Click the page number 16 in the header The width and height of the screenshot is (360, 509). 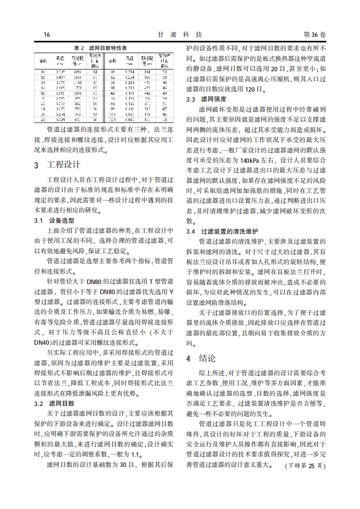click(x=47, y=35)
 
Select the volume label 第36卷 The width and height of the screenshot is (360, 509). click(x=314, y=35)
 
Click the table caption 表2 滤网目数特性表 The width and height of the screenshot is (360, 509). click(x=100, y=48)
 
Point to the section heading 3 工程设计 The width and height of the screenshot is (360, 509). click(x=57, y=165)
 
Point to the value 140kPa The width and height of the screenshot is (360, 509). click(x=251, y=161)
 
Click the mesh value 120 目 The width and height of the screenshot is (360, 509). click(x=252, y=89)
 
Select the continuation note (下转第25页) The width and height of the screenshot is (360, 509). click(x=305, y=465)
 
